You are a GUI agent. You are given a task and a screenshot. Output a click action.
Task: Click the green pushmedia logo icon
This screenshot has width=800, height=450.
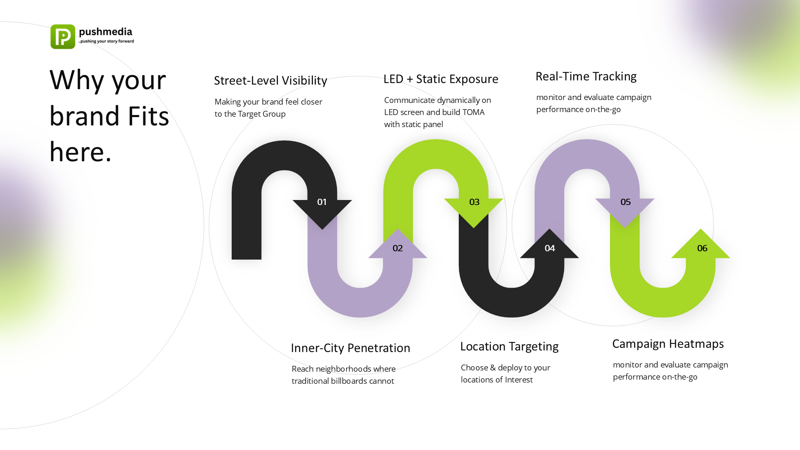pyautogui.click(x=63, y=37)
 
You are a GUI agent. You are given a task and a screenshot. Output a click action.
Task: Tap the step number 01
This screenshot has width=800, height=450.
pyautogui.click(x=322, y=202)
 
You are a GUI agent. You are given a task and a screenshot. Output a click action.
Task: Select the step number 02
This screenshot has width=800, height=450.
pyautogui.click(x=397, y=248)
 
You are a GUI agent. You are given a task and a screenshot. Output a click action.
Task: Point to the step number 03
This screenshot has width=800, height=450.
pyautogui.click(x=474, y=202)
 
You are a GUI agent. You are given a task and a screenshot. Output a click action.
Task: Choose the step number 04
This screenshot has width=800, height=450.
pyautogui.click(x=550, y=248)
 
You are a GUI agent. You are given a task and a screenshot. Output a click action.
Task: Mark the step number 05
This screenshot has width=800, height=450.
pyautogui.click(x=625, y=202)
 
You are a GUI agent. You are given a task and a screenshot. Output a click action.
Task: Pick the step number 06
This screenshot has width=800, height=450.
pyautogui.click(x=702, y=248)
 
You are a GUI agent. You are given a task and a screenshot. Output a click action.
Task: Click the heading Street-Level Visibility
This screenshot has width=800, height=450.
pyautogui.click(x=270, y=80)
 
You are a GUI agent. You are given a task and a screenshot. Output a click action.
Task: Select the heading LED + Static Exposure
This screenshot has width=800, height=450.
pyautogui.click(x=441, y=79)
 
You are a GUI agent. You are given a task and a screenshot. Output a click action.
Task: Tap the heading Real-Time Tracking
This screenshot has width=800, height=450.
pyautogui.click(x=586, y=76)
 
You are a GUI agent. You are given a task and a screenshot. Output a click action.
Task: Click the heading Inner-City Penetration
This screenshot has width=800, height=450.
pyautogui.click(x=350, y=348)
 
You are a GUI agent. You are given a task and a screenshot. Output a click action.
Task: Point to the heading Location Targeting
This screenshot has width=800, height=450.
pyautogui.click(x=509, y=346)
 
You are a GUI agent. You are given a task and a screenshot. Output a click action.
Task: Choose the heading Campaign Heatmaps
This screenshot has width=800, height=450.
pyautogui.click(x=668, y=344)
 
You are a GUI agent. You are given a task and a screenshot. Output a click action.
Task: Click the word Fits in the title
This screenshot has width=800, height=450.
pyautogui.click(x=148, y=116)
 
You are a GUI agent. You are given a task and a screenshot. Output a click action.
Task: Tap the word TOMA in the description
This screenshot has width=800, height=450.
pyautogui.click(x=473, y=112)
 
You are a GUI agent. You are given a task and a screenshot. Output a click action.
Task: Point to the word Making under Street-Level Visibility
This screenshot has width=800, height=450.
pyautogui.click(x=227, y=102)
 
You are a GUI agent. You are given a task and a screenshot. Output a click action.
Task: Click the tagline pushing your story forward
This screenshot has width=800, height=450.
pyautogui.click(x=107, y=41)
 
